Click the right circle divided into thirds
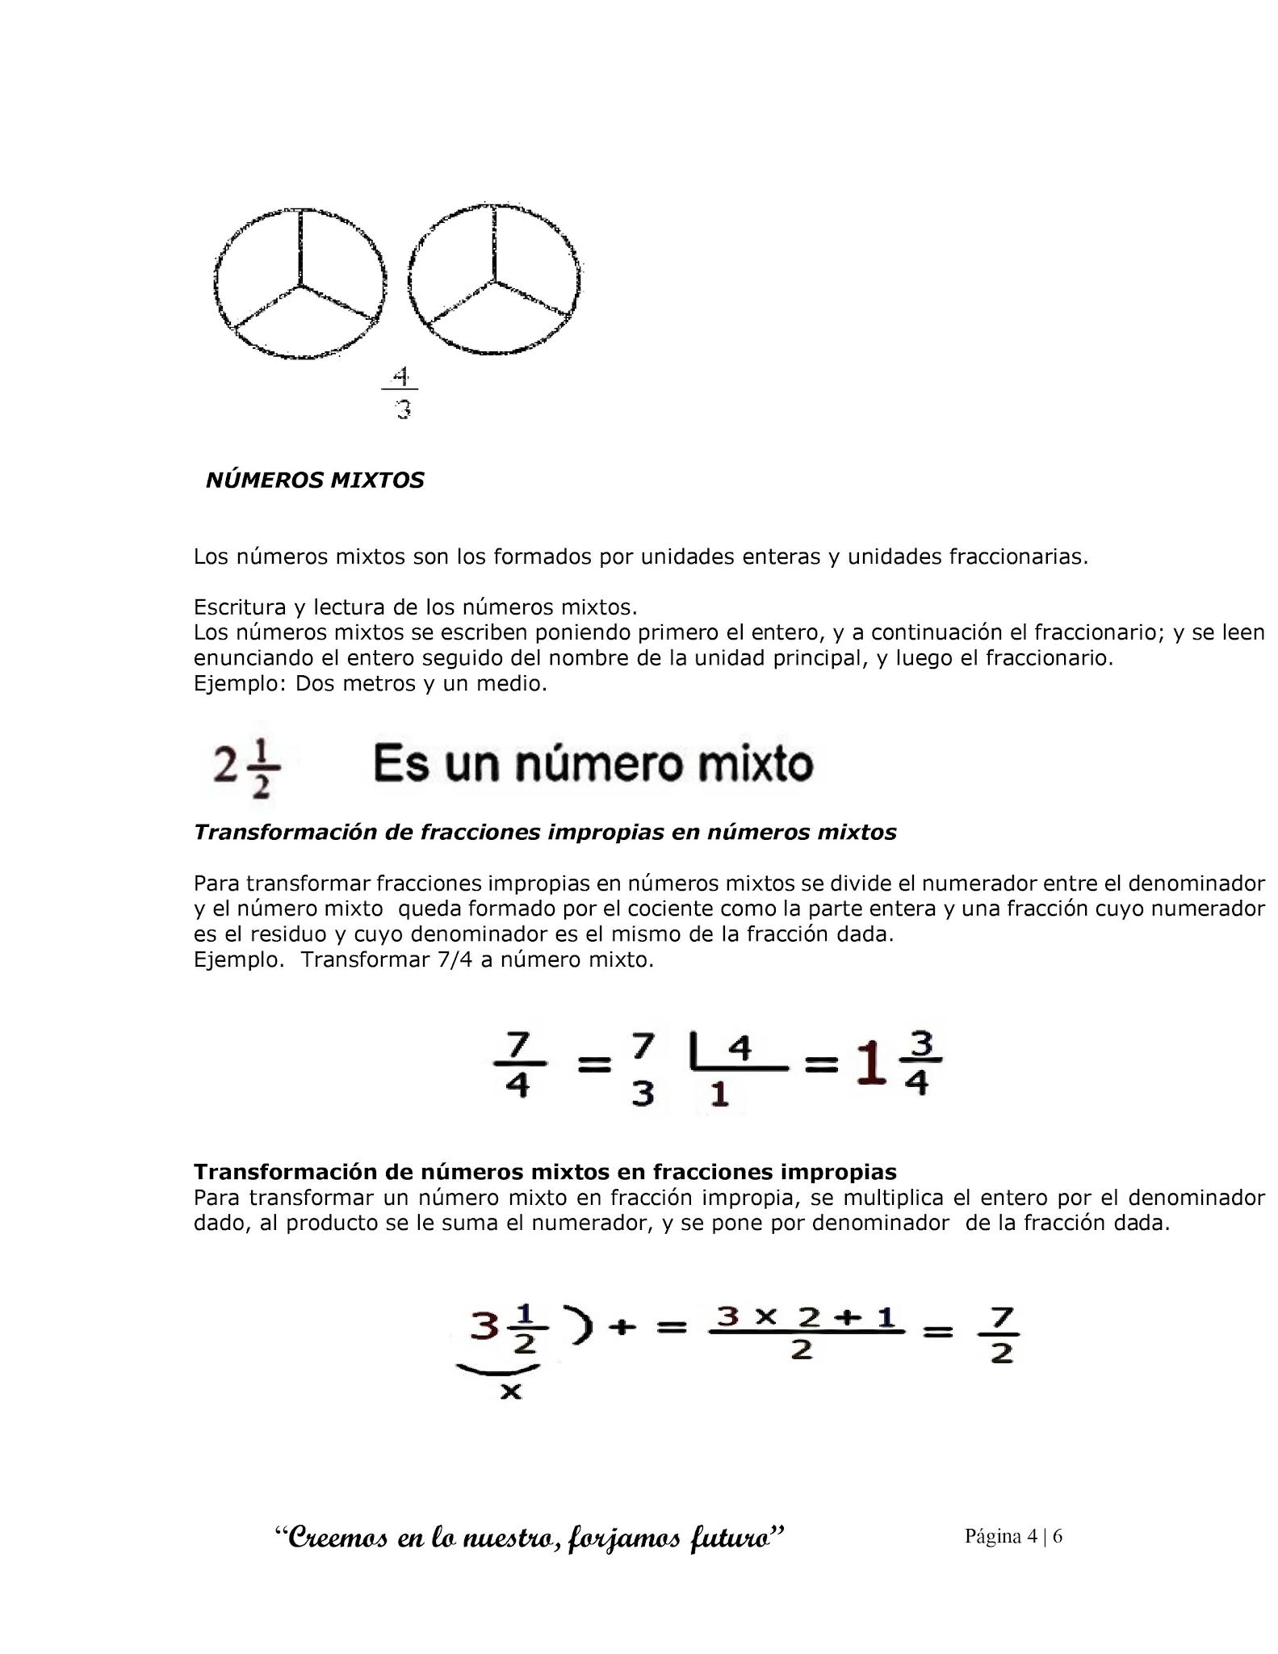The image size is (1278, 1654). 494,279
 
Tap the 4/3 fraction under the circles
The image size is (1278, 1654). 402,393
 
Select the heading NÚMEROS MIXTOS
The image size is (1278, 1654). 315,481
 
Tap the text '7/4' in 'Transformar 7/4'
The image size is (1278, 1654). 454,960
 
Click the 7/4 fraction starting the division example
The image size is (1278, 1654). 517,1067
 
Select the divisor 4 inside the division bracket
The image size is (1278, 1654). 740,1049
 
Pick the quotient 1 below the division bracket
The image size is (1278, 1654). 719,1094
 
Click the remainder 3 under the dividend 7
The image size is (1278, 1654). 642,1094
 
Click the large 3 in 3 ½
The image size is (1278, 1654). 484,1326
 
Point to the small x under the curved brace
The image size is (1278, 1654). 510,1391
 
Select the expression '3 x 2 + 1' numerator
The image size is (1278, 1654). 807,1317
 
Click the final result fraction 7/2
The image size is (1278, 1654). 1002,1337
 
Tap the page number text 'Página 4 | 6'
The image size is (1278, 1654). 1013,1535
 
